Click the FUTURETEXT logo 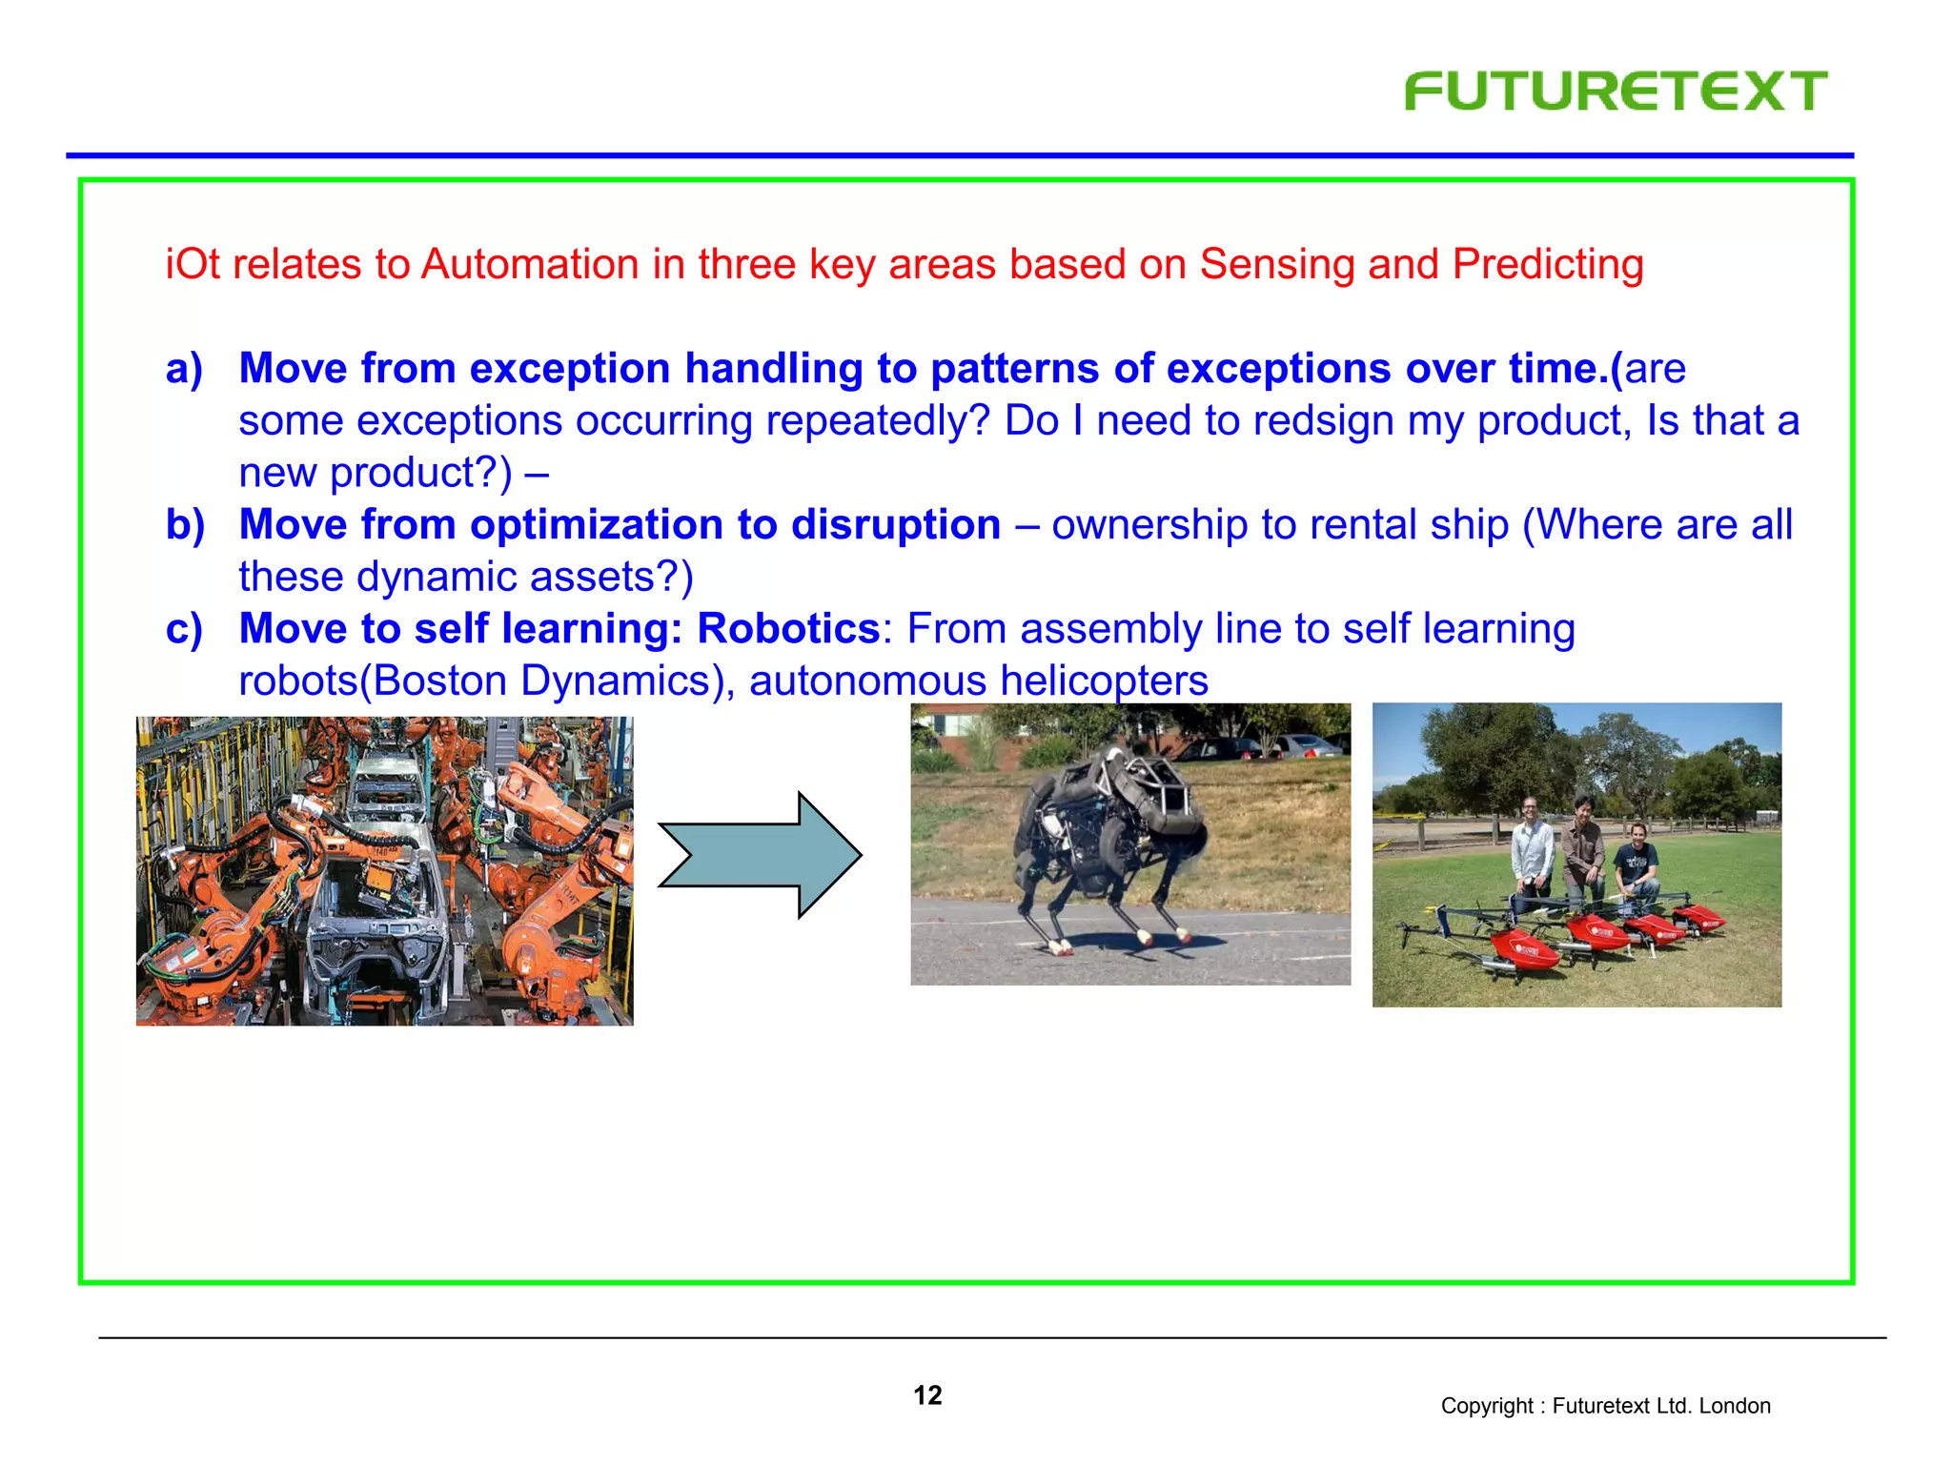coord(1616,91)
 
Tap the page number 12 coord(927,1395)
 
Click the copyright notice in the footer coord(1605,1406)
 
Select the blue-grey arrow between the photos coord(760,855)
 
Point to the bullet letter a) coord(184,369)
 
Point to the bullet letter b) coord(185,525)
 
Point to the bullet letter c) coord(184,629)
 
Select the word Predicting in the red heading coord(1548,265)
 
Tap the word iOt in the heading coord(193,265)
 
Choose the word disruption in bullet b coord(896,525)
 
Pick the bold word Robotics coord(788,629)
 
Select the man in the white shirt coord(1533,848)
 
